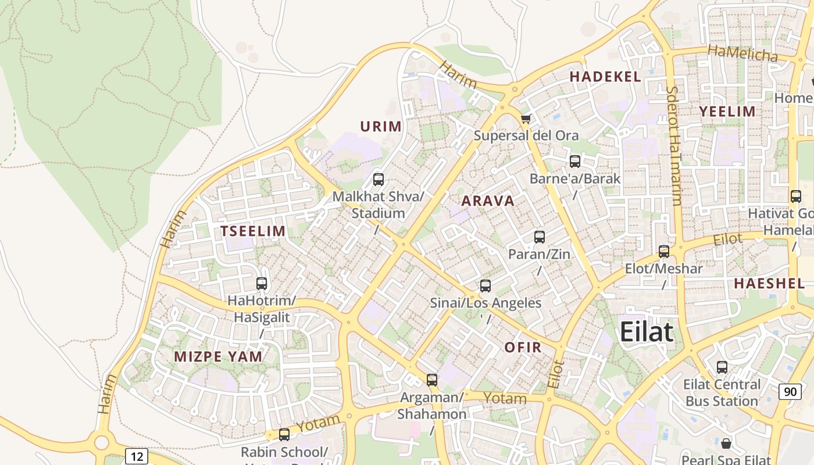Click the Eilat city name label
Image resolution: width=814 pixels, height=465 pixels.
click(646, 332)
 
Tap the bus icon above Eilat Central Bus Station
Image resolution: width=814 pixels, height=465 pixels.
click(722, 367)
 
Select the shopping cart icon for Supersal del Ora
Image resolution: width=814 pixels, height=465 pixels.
click(526, 119)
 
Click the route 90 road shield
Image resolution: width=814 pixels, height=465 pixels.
click(790, 392)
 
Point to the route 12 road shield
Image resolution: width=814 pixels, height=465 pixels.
click(137, 456)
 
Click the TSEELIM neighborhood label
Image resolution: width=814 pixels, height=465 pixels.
click(253, 231)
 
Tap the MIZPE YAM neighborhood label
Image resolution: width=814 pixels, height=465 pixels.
click(218, 357)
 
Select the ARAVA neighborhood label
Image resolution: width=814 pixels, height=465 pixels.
click(488, 202)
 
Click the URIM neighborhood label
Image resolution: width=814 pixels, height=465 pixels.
click(381, 127)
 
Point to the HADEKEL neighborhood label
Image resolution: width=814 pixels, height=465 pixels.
click(605, 77)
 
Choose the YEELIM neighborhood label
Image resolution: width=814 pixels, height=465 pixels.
click(727, 112)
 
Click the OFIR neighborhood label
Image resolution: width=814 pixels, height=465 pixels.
click(523, 348)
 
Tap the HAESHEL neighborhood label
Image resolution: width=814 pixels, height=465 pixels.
click(769, 284)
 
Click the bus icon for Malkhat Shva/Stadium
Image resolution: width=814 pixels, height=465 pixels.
click(379, 180)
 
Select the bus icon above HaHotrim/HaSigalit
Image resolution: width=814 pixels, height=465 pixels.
click(262, 284)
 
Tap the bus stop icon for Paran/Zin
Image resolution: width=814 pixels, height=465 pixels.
click(540, 237)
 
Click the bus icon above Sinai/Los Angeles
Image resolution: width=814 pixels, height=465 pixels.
click(485, 286)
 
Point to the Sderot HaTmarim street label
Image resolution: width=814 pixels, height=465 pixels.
click(674, 145)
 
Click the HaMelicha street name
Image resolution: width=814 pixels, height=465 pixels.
click(742, 53)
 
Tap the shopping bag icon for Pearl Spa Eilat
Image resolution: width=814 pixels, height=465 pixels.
click(726, 444)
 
